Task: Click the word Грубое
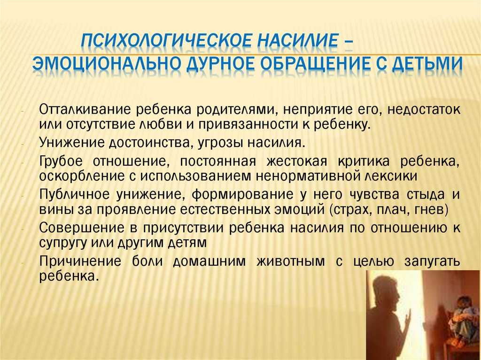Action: coord(61,161)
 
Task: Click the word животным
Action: coord(290,261)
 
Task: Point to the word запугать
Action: coord(432,261)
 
